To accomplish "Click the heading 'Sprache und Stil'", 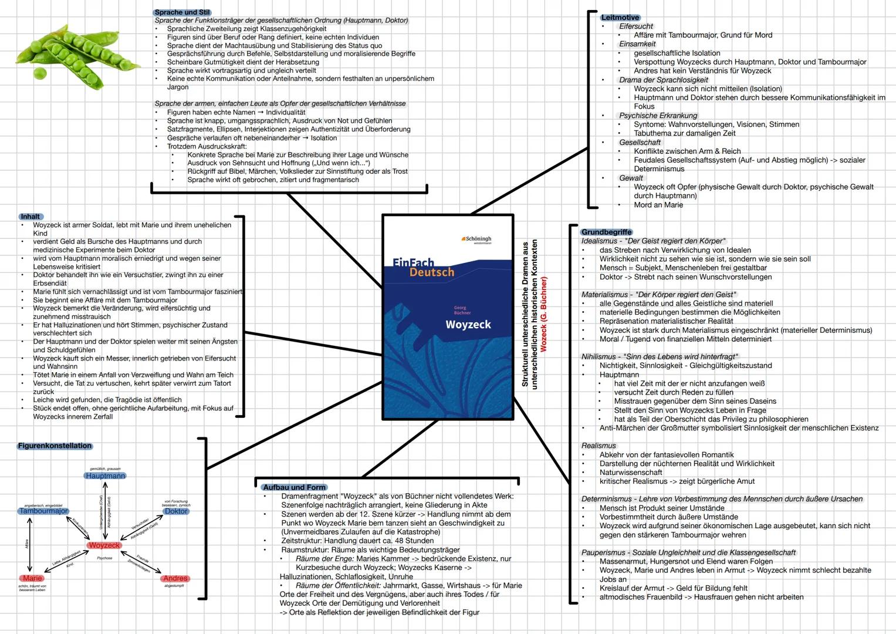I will [182, 12].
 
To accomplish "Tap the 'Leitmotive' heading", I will [620, 18].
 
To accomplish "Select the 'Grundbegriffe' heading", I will [606, 232].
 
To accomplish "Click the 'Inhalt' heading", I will [30, 217].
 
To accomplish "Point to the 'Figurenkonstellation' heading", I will [55, 446].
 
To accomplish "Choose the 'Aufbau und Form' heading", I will [294, 487].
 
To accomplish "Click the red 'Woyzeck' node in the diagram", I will [104, 545].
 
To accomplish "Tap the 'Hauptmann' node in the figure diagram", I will [105, 476].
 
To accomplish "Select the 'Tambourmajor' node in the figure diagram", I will [43, 511].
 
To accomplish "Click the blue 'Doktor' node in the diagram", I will [176, 511].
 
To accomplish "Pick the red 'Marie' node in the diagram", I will [32, 578].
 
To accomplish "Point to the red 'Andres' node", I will [175, 578].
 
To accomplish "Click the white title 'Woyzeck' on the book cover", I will [468, 325].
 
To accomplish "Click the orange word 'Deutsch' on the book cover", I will [431, 272].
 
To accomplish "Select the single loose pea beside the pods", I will [40, 74].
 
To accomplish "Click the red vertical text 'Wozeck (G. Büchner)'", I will [543, 314].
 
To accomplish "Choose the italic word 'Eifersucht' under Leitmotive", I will [635, 26].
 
